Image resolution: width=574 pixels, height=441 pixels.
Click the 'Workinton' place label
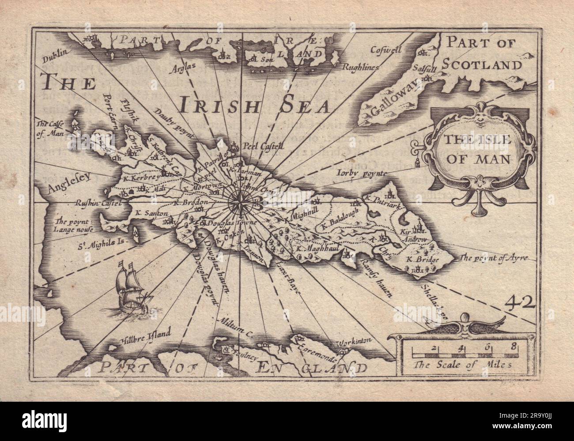[352, 342]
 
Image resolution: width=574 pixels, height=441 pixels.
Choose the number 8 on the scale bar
[513, 347]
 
